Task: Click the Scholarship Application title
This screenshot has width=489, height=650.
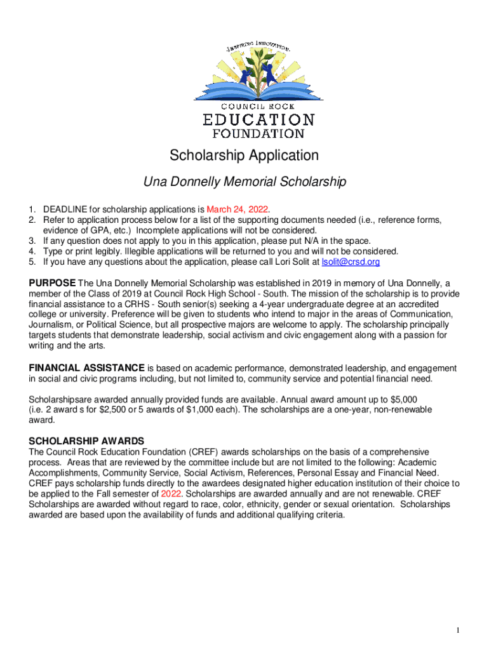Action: coord(244,156)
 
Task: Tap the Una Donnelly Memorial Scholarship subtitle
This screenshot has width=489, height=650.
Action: coord(245,182)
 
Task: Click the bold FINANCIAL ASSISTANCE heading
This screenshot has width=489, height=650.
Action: coord(87,368)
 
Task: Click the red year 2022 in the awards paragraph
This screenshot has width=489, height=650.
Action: coord(171,493)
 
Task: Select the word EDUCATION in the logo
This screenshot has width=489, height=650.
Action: coord(258,120)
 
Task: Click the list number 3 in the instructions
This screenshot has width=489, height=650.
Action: coord(31,241)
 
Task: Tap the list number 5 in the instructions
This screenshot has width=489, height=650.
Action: coord(31,262)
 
